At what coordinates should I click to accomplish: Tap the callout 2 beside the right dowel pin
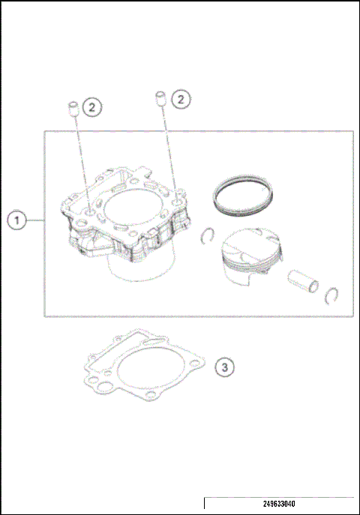pos(179,98)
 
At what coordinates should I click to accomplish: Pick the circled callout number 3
pos(225,367)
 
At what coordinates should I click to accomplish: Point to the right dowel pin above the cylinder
pos(160,97)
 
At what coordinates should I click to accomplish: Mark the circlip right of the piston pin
pos(335,298)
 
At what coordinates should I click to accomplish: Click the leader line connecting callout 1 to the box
pos(35,220)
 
